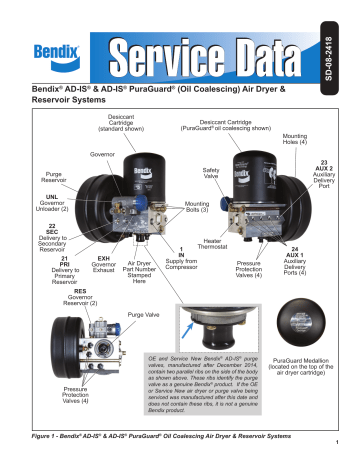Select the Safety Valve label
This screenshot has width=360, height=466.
pyautogui.click(x=211, y=174)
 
